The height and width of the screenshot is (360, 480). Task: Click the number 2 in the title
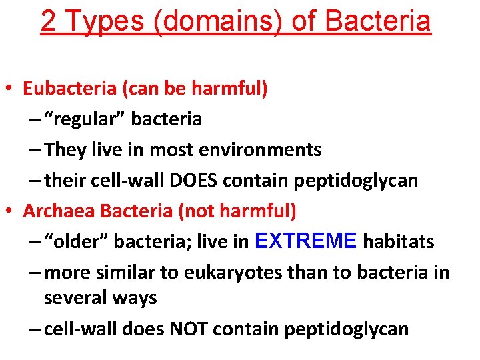[48, 21]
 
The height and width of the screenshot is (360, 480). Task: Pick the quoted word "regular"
[85, 119]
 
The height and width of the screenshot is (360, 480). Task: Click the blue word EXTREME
[307, 241]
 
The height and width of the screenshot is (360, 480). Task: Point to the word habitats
[399, 242]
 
